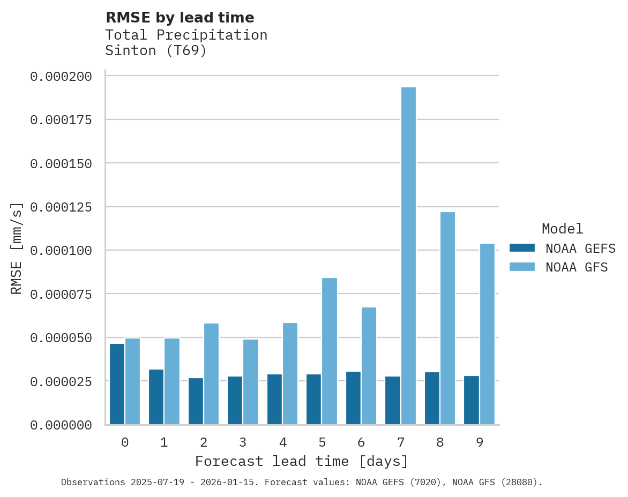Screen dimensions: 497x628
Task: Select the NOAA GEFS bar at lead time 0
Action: click(117, 384)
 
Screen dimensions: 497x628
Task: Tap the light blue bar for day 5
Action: click(330, 351)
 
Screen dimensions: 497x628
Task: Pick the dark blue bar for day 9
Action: click(472, 400)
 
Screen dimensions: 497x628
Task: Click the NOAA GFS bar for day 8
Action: click(447, 318)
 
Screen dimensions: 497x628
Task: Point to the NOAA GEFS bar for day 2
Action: click(196, 401)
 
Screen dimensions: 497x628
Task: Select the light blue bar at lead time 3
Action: click(251, 382)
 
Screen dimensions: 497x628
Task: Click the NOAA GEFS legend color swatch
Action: click(522, 248)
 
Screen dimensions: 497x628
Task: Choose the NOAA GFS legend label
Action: click(577, 267)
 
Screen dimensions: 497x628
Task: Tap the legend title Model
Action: click(562, 229)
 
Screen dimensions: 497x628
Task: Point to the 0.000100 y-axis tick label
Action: click(61, 251)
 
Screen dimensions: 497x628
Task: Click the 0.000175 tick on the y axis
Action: click(61, 119)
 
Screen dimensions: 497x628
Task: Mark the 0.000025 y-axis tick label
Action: click(61, 381)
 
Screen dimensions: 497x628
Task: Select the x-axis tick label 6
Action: click(361, 442)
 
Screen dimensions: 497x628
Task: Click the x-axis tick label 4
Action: click(282, 442)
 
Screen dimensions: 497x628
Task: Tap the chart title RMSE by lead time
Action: click(180, 18)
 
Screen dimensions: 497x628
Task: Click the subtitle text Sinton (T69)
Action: click(155, 51)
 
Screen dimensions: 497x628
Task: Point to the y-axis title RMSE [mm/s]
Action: click(17, 248)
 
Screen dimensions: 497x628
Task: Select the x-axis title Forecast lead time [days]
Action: click(301, 461)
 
